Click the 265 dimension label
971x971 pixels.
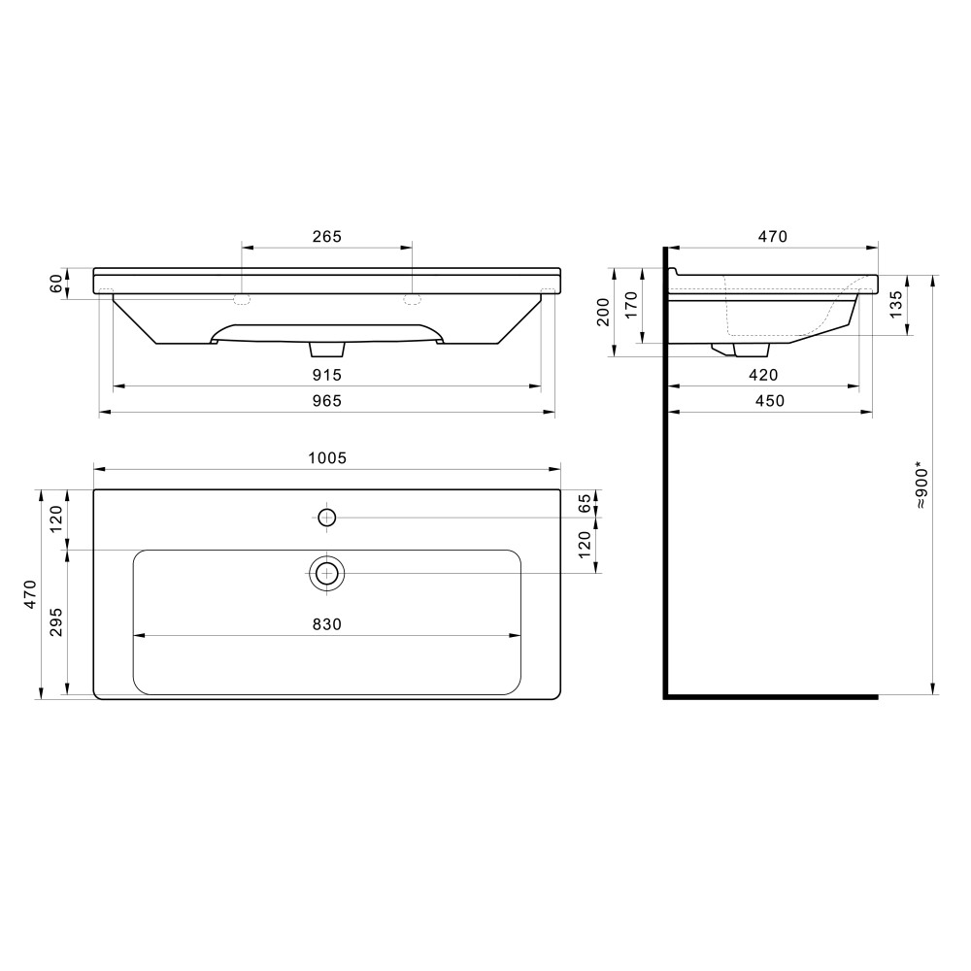[326, 237]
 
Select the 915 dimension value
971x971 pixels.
[326, 375]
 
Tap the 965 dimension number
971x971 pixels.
[326, 401]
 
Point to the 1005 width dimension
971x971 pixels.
[327, 457]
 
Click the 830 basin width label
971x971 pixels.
[326, 624]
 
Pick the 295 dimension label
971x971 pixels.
[55, 621]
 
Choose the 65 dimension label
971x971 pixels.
[586, 503]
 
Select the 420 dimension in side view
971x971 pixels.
[763, 375]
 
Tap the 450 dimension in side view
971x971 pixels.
[770, 401]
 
